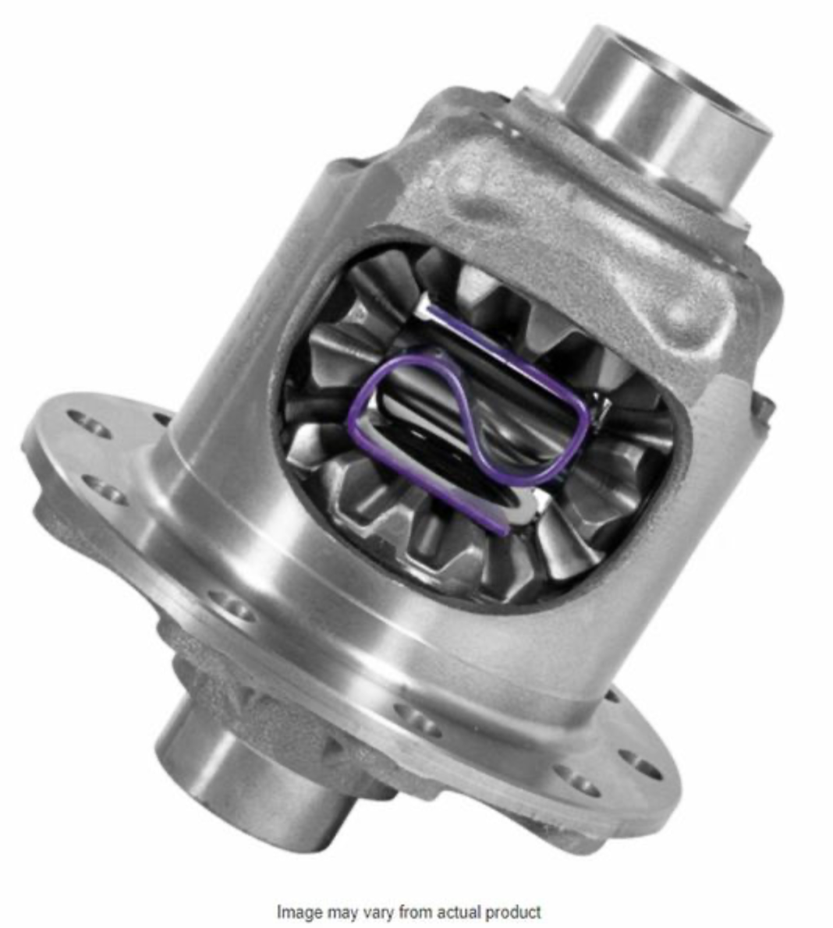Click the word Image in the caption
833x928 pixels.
click(296, 912)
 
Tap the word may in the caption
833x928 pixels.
click(337, 912)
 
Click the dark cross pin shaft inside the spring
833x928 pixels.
click(413, 406)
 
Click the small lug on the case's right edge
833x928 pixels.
click(764, 406)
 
